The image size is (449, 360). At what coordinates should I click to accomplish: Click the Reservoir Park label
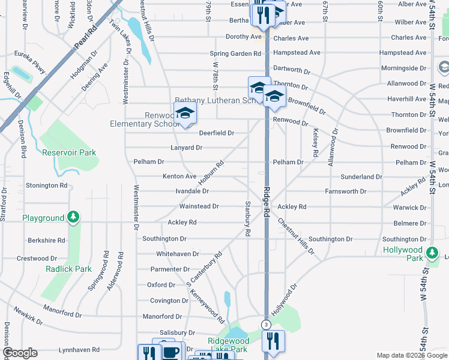[x=69, y=152]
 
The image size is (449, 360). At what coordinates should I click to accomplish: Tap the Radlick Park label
[x=68, y=269]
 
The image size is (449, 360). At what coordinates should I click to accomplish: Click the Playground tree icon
[x=73, y=217]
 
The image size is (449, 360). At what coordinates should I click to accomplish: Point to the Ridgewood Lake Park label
[x=228, y=345]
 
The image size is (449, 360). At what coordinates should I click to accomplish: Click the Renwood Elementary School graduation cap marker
[x=185, y=113]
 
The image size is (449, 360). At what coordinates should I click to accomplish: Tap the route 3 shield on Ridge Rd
[x=265, y=325]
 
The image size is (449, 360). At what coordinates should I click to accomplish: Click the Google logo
[x=20, y=353]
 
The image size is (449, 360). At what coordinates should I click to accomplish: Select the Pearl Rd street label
[x=86, y=37]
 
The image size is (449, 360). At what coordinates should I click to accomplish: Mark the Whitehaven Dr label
[x=177, y=254]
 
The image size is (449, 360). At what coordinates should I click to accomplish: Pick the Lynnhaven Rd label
[x=79, y=350]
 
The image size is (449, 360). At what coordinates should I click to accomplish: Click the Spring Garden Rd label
[x=235, y=53]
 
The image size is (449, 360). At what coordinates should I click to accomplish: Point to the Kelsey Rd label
[x=315, y=140]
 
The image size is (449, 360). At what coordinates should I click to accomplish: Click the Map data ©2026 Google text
[x=411, y=355]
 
